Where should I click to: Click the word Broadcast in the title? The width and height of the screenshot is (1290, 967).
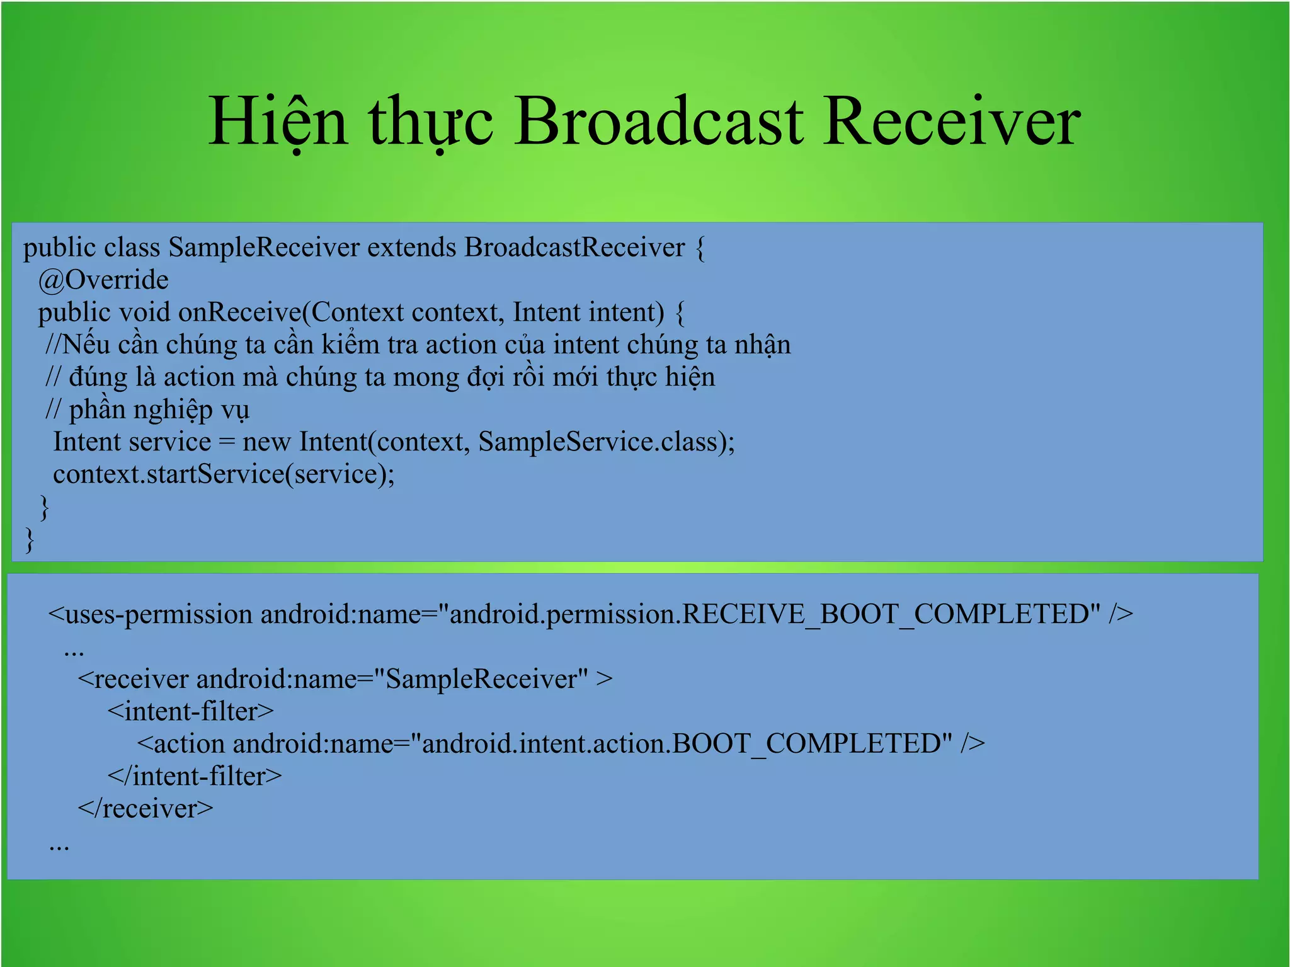click(x=659, y=122)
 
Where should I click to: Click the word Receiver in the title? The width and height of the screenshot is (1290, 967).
click(x=951, y=122)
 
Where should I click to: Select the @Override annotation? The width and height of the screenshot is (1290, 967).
click(x=103, y=280)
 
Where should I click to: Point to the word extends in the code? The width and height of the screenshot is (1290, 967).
click(x=411, y=247)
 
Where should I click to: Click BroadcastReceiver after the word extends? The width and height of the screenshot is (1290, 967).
click(x=574, y=247)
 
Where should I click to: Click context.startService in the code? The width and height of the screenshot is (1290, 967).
click(x=168, y=474)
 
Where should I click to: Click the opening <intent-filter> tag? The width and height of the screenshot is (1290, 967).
click(x=190, y=712)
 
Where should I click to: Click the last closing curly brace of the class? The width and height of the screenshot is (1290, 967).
click(x=29, y=540)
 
